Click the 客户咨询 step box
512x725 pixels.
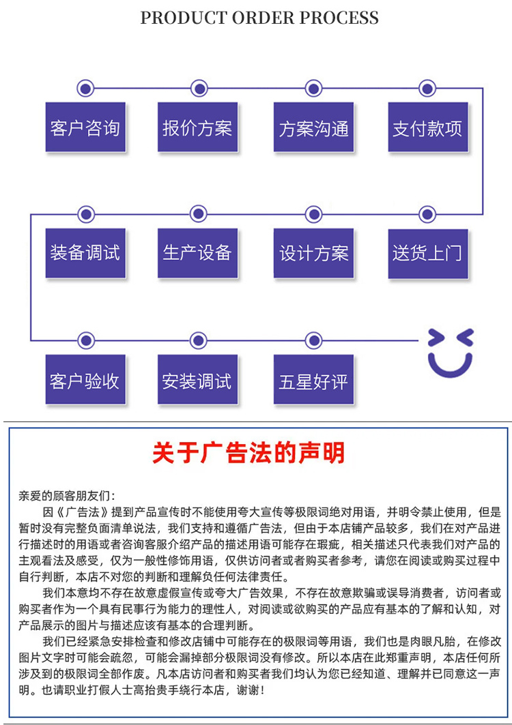tap(85, 128)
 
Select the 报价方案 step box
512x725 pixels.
tap(198, 128)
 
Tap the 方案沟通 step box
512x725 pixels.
tap(313, 128)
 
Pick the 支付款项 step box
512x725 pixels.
tap(427, 128)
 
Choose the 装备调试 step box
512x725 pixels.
tap(85, 252)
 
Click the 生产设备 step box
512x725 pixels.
tap(198, 252)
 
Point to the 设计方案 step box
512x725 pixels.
tap(313, 252)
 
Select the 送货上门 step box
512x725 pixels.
tap(427, 252)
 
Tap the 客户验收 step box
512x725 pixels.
tap(85, 379)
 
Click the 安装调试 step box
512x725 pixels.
tap(198, 379)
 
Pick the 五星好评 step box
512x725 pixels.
tap(313, 379)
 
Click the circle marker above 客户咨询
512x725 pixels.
tap(85, 88)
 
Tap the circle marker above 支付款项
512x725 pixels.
tap(427, 88)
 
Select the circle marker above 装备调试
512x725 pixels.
tap(85, 214)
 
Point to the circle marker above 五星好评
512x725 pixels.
tap(313, 339)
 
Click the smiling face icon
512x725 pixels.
tap(451, 353)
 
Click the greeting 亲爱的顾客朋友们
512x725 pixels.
tap(66, 495)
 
